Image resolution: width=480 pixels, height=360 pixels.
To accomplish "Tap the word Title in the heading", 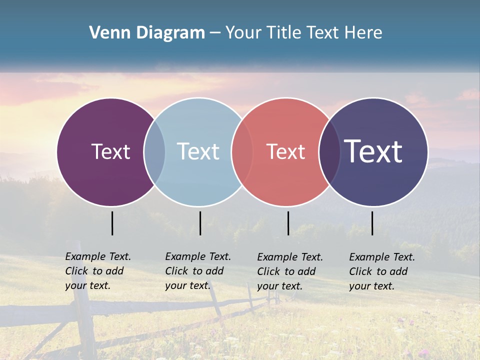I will click(283, 33).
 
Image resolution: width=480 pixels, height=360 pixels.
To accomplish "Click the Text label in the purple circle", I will click(110, 151).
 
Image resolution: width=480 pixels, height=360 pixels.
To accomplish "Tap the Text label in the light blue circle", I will click(198, 151).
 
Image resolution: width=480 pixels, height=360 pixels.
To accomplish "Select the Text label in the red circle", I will click(285, 151).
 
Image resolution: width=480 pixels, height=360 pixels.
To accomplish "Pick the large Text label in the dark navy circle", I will click(373, 151).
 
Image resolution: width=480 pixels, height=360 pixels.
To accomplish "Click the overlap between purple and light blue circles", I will click(154, 151).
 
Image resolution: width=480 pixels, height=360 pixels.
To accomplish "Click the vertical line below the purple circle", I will click(112, 223).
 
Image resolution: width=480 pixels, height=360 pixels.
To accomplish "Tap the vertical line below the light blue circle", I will click(200, 223).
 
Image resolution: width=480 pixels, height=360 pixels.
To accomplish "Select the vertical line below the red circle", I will click(288, 223).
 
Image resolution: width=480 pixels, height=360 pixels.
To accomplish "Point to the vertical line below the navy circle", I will click(372, 223).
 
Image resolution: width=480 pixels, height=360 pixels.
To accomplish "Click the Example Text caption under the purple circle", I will click(98, 271).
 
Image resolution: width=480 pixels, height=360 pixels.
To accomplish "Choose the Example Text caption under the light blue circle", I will click(198, 271).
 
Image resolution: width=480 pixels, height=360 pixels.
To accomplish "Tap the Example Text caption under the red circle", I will click(290, 271).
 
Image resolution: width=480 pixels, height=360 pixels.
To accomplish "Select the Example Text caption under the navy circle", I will click(382, 271).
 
